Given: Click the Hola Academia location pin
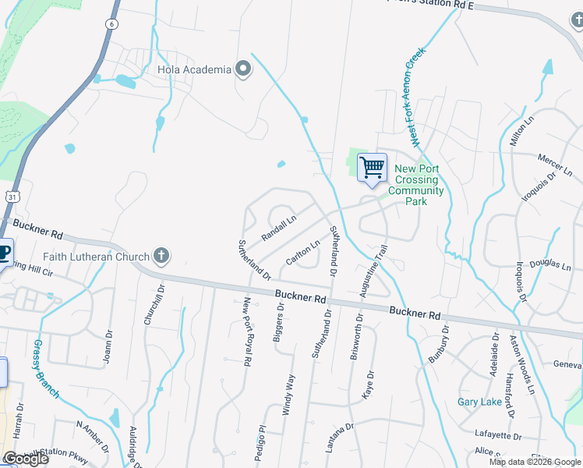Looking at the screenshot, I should [243, 69].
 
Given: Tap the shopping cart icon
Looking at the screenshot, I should [372, 167].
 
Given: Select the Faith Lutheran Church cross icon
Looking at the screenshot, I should [161, 256].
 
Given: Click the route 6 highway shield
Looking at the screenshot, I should [112, 24].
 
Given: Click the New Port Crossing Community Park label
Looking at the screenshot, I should [415, 185].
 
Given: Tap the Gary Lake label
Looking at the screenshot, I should [479, 402].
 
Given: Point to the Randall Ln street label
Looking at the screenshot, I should [278, 228].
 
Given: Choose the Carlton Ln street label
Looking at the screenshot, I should [303, 252].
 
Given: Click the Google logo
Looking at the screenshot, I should [26, 459].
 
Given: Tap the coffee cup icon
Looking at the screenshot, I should [4, 253].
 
